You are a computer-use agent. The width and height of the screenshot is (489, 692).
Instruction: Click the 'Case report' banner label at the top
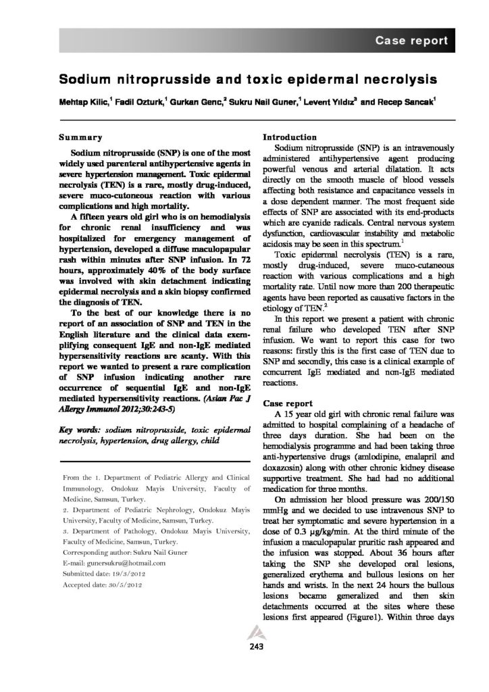click(x=411, y=41)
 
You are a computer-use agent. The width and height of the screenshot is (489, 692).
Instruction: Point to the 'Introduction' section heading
click(x=289, y=137)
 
